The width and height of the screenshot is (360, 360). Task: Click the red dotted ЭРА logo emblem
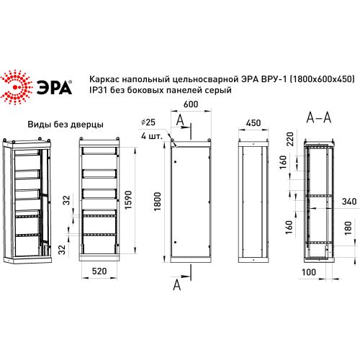click(x=17, y=85)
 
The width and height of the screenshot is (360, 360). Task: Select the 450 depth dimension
click(x=253, y=123)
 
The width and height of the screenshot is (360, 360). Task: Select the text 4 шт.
click(x=151, y=135)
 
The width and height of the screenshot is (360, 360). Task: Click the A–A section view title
click(x=318, y=116)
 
